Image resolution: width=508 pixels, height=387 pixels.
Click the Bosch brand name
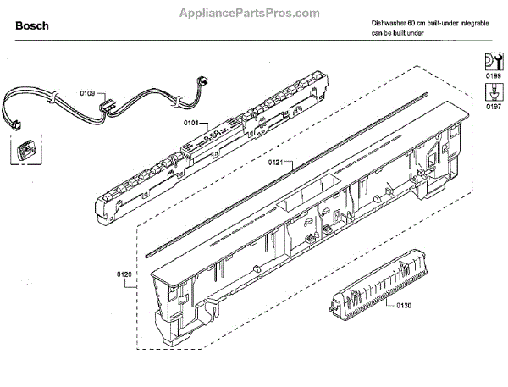pos(31,26)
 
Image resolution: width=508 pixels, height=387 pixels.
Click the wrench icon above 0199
pos(492,61)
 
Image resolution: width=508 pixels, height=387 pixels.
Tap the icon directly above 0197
pos(492,92)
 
